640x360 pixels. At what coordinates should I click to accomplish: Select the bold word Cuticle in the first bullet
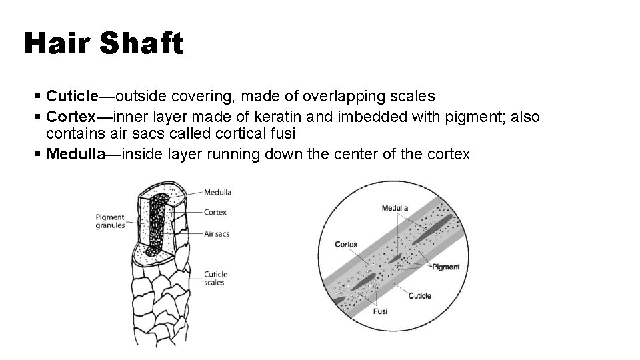[x=72, y=97]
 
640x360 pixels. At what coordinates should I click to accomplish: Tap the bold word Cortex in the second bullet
[x=71, y=117]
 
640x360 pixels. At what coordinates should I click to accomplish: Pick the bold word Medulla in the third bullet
[x=76, y=154]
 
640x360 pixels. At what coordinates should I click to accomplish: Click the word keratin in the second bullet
[x=281, y=117]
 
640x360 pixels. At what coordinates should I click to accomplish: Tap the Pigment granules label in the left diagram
[x=110, y=221]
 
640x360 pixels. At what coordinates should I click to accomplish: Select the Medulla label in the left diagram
[x=218, y=193]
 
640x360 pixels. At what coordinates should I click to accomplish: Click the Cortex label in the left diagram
[x=215, y=213]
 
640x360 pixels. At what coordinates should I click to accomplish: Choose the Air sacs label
[x=217, y=234]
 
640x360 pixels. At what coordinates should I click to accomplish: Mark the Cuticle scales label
[x=215, y=278]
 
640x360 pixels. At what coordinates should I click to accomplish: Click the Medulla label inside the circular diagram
[x=395, y=208]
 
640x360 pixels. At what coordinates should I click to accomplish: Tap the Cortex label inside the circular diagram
[x=346, y=244]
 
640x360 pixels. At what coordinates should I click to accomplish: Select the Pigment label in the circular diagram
[x=445, y=267]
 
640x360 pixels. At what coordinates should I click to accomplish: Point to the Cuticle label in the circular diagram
[x=419, y=295]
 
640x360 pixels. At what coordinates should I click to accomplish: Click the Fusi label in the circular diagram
[x=380, y=311]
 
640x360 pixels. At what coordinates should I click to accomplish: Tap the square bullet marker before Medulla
[x=41, y=155]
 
